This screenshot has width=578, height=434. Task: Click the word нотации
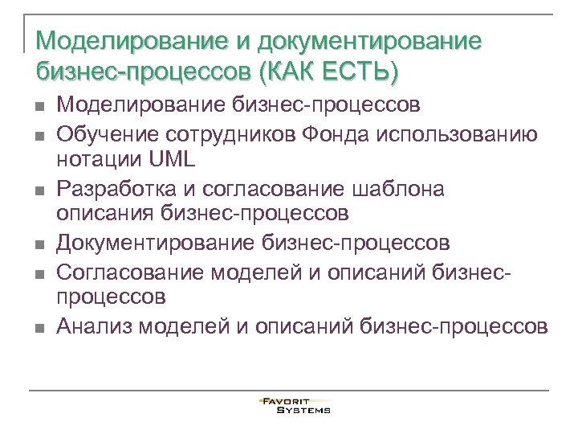[x=100, y=159]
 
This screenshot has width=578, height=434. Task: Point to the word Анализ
[x=93, y=326]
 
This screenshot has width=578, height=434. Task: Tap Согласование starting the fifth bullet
[x=131, y=271]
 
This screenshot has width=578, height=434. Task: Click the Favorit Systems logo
[x=295, y=405]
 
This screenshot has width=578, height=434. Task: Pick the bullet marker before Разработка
[x=38, y=190]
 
